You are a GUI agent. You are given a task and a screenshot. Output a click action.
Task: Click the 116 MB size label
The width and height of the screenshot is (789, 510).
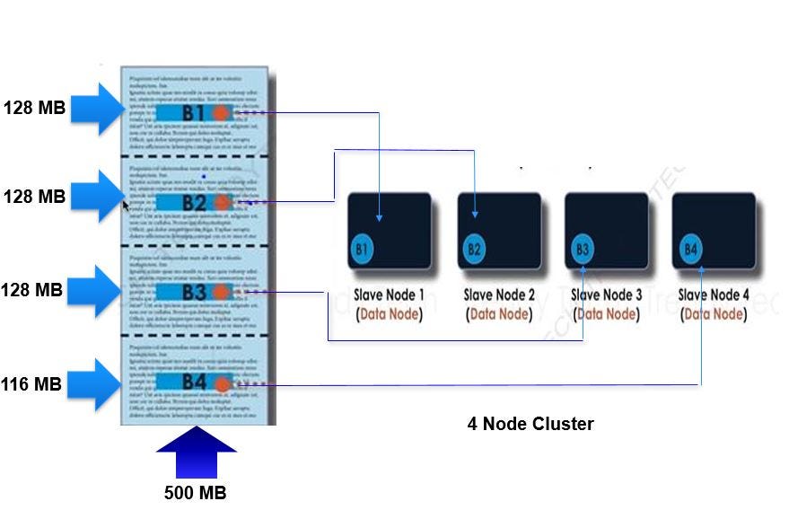point(32,384)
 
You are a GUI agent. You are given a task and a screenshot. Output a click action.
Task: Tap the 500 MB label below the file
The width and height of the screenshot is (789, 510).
point(195,492)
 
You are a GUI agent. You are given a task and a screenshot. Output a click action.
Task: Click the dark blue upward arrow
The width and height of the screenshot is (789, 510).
point(196,453)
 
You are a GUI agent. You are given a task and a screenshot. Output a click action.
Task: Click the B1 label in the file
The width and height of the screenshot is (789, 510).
point(194,113)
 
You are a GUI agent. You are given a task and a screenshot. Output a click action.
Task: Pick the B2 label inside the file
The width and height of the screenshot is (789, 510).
point(194,203)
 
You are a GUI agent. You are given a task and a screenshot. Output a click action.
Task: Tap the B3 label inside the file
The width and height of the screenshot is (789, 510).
point(194,293)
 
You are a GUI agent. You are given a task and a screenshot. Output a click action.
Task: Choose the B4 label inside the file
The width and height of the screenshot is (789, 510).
point(194,382)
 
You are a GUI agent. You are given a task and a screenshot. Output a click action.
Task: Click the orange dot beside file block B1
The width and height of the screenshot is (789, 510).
point(222,113)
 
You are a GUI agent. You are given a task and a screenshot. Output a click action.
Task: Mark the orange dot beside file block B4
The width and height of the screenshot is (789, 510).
point(222,383)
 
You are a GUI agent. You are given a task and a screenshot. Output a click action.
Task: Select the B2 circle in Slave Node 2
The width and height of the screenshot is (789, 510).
point(473,249)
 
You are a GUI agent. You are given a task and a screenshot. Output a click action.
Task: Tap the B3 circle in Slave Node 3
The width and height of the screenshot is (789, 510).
point(582,249)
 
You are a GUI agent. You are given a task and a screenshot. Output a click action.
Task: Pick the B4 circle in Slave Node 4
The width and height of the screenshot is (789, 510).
point(690,249)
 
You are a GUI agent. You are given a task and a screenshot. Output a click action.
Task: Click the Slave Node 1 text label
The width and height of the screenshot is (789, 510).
point(390,295)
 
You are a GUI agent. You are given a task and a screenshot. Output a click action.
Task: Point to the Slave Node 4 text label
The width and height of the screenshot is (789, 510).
point(713,295)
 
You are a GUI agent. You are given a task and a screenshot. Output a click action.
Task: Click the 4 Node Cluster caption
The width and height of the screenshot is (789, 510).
point(530,424)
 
